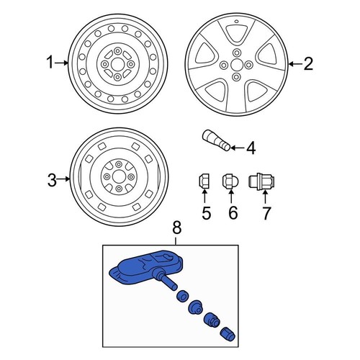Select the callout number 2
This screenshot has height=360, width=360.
click(x=308, y=65)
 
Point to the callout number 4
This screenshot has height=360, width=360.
click(x=251, y=149)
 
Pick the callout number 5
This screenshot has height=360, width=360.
click(x=204, y=212)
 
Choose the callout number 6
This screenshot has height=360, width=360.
click(x=233, y=212)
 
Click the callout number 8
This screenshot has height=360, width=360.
click(x=178, y=229)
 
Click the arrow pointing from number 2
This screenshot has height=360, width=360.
click(x=292, y=65)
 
